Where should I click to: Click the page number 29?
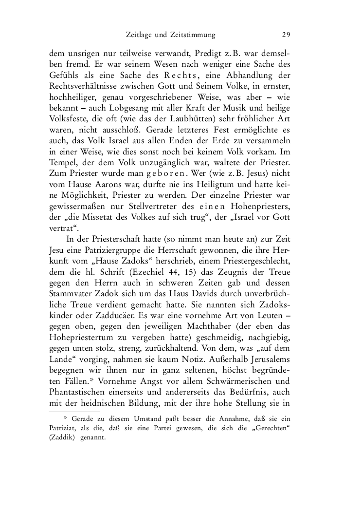[287, 35]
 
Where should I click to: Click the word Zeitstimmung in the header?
[189, 35]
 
